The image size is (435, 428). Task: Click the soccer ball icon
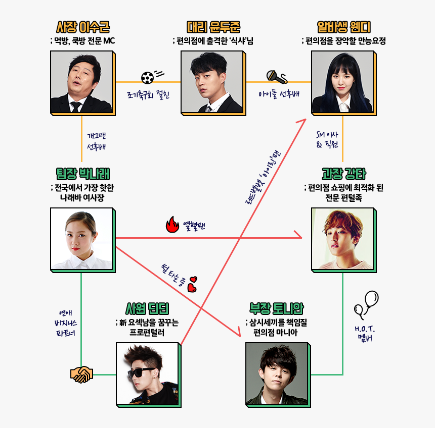coord(147,77)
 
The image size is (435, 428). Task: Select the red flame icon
coord(172,225)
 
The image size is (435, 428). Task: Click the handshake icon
coord(81,374)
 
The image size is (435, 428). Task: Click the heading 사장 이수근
coord(83,27)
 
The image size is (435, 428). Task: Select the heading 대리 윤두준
coord(212,27)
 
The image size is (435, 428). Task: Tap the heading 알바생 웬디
coord(343,27)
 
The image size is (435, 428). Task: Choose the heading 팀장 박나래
coord(83,174)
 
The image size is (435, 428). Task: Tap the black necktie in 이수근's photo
coord(76,106)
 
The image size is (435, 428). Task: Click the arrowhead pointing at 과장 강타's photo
coord(298,236)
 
